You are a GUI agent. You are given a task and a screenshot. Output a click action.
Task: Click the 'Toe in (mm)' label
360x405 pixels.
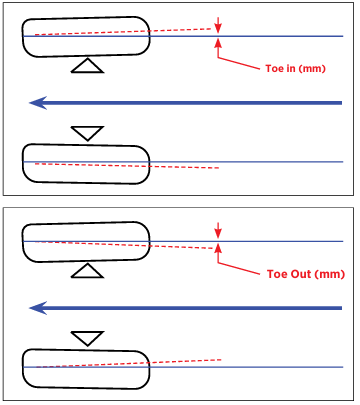pos(295,69)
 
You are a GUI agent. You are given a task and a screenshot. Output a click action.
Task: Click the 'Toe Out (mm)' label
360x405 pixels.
pos(306,274)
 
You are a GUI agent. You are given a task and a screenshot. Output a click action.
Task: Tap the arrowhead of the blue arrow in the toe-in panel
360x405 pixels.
pos(38,103)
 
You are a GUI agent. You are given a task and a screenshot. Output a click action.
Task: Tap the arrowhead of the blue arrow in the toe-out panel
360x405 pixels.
pos(38,308)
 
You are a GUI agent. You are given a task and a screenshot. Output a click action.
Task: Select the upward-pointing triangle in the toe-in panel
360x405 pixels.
pos(87,66)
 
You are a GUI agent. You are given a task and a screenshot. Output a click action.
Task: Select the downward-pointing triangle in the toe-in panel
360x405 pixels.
pos(87,133)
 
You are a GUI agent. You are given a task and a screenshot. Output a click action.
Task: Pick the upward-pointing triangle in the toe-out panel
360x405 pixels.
pos(87,271)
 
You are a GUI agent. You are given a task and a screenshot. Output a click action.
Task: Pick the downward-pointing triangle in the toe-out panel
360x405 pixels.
pos(87,338)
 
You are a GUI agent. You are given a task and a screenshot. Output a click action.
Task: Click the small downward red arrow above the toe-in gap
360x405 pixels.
pos(218,25)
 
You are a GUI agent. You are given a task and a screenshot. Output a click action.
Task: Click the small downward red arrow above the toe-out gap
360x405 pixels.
pos(218,230)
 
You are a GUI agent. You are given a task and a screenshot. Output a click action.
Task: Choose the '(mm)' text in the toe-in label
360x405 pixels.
pos(312,69)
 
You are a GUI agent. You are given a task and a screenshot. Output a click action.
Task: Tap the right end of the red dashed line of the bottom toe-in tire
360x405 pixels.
pos(219,168)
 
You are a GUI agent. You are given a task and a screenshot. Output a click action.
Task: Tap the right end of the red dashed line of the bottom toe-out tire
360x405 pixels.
pos(221,360)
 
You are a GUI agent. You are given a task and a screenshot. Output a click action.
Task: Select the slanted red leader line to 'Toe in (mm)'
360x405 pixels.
pos(239,63)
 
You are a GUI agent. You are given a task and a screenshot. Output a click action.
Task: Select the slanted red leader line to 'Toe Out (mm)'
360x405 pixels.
pos(239,269)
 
